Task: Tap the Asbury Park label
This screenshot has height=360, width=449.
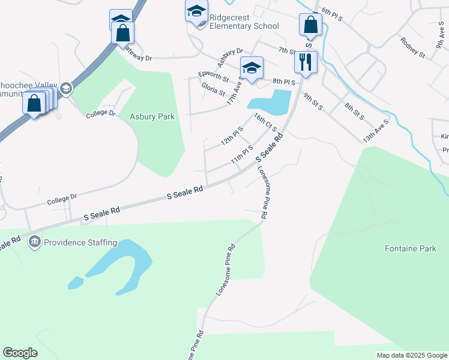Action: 146,116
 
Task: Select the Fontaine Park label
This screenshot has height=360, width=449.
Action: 411,248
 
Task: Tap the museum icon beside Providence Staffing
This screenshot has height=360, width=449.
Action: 34,242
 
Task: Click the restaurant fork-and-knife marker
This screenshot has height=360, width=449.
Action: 307,62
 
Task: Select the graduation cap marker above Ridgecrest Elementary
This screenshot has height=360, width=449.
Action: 196,11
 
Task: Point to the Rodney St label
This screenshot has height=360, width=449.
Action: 412,47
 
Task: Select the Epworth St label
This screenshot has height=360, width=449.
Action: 213,77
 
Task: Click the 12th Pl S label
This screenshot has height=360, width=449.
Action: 232,136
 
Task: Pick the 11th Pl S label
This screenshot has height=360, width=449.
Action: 242,155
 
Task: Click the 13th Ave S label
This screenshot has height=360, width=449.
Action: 376,130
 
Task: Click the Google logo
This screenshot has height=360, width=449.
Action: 20,353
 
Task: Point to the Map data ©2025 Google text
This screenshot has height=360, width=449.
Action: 412,355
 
